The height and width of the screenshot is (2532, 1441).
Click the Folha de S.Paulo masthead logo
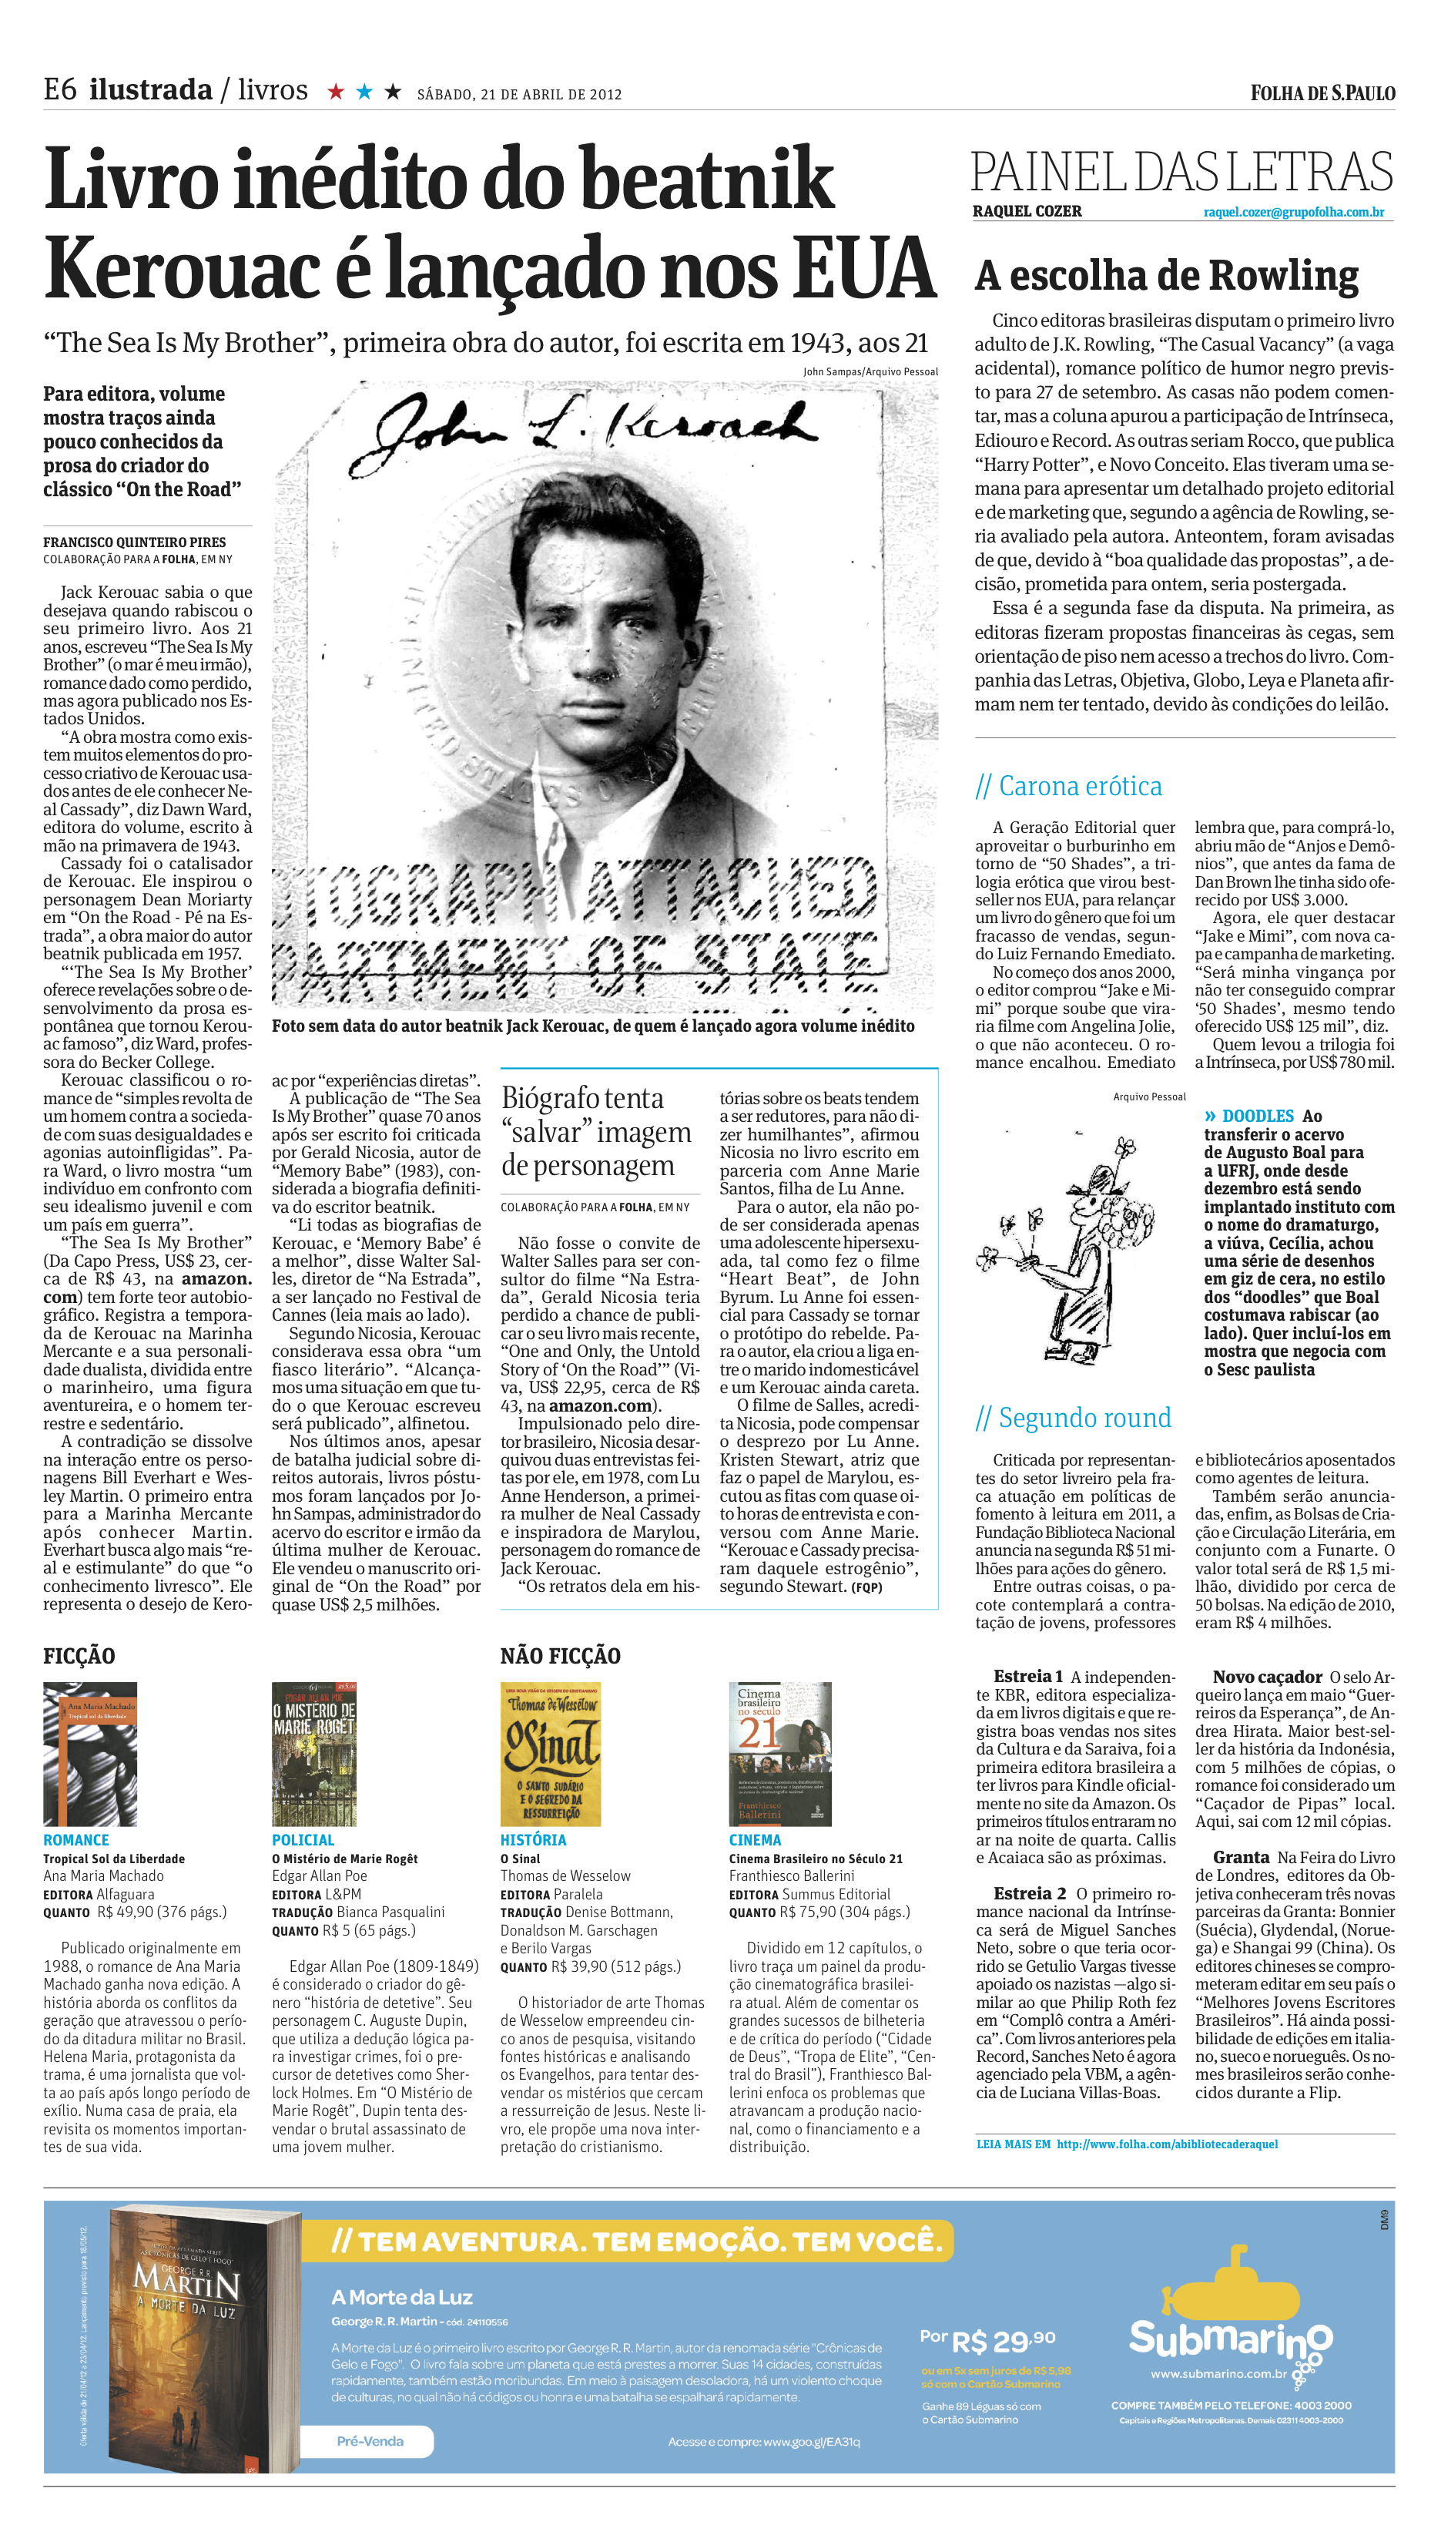tap(1322, 93)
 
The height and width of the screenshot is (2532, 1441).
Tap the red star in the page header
tap(337, 92)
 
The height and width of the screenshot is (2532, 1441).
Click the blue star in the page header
tap(364, 92)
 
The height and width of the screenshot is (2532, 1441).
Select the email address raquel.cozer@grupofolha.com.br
tap(1294, 212)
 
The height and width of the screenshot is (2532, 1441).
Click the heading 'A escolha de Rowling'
tap(1166, 275)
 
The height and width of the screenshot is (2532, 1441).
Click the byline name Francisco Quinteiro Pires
tap(135, 542)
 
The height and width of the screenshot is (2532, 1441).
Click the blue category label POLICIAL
tap(303, 1839)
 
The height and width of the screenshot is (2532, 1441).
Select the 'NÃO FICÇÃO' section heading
tap(560, 1656)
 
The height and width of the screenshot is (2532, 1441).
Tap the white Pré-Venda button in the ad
tap(368, 2440)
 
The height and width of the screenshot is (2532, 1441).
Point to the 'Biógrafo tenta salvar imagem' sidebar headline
tap(597, 1131)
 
